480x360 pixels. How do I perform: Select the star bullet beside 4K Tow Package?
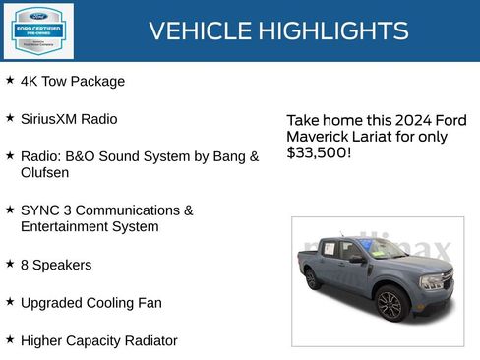(10, 81)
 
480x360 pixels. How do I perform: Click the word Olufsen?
(45, 172)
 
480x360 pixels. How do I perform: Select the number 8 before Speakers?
(25, 265)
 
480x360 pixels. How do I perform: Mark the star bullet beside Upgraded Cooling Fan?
(10, 302)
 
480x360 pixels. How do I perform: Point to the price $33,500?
(318, 152)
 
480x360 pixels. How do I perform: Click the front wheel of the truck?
(390, 305)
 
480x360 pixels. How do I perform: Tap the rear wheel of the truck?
(313, 278)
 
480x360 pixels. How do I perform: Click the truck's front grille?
(436, 282)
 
